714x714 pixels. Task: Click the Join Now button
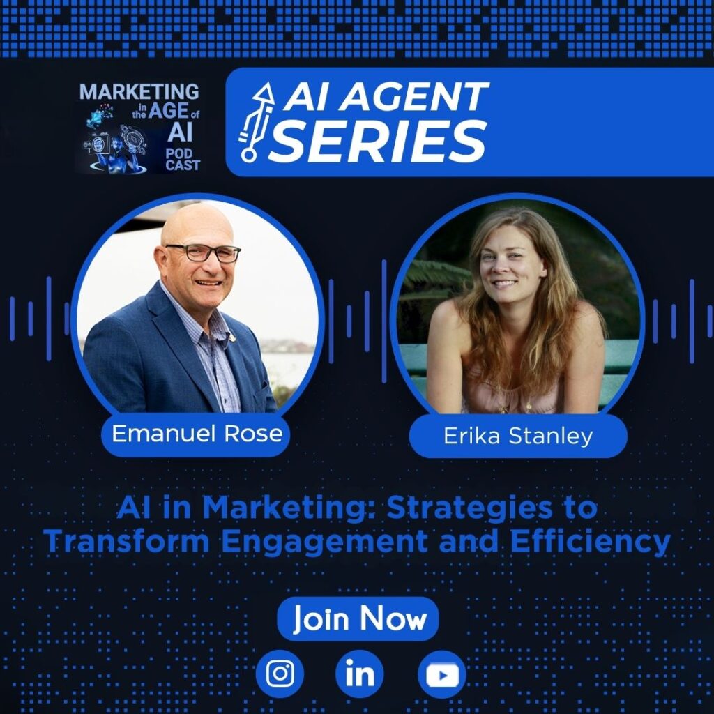(x=358, y=619)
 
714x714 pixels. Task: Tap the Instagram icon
(x=280, y=674)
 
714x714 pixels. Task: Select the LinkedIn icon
(x=360, y=674)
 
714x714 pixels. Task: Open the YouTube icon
(x=441, y=675)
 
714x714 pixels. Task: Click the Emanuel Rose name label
(x=197, y=434)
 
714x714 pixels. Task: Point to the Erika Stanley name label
(x=518, y=436)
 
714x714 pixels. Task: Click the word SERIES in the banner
(x=378, y=141)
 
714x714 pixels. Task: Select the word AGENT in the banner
(x=414, y=96)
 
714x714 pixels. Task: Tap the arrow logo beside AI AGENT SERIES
(x=257, y=122)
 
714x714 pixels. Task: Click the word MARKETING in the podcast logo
(x=139, y=91)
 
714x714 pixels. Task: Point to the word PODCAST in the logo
(x=183, y=160)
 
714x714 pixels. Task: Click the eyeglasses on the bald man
(x=204, y=252)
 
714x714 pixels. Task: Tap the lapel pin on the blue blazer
(x=233, y=337)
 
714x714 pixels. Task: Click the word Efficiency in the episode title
(x=590, y=541)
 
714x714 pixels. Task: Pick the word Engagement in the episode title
(x=324, y=542)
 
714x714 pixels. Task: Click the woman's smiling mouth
(x=505, y=283)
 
